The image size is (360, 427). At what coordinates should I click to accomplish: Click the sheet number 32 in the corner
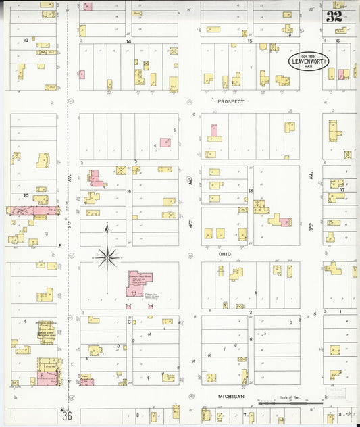pos(334,17)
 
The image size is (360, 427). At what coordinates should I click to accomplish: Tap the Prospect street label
pos(230,101)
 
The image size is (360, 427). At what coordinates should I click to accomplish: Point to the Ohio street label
pos(224,254)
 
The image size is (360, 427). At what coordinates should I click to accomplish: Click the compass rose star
pos(107,256)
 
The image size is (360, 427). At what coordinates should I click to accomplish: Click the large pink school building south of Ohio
pos(140,283)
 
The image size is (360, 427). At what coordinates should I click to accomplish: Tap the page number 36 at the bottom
pos(66,415)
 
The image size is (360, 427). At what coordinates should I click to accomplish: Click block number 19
pos(128,192)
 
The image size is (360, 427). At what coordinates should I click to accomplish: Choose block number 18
pos(251,191)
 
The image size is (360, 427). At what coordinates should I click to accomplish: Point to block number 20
pos(26,195)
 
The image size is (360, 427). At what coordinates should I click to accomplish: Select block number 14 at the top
pos(128,41)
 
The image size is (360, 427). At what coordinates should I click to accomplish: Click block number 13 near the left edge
pos(26,41)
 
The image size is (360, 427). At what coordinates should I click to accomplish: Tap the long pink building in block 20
pos(34,211)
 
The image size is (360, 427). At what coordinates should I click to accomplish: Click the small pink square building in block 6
pos(165,143)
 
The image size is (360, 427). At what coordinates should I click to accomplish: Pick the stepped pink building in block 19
pos(97,178)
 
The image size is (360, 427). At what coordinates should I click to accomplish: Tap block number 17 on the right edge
pos(342,190)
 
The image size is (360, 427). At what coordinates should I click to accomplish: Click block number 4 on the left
pos(25,321)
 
